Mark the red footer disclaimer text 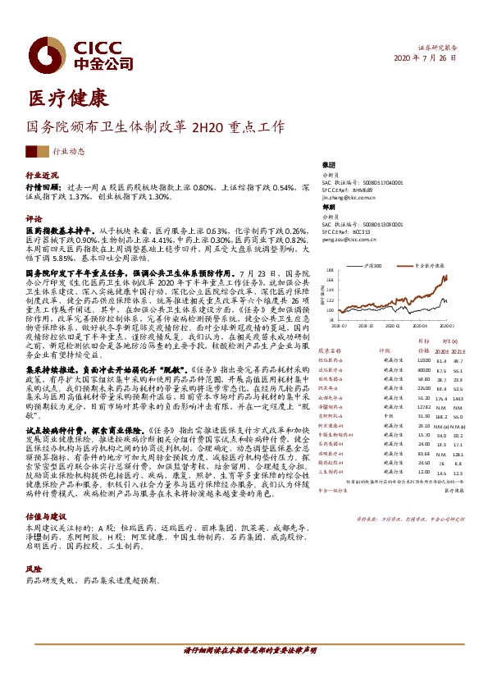[x=244, y=671]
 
